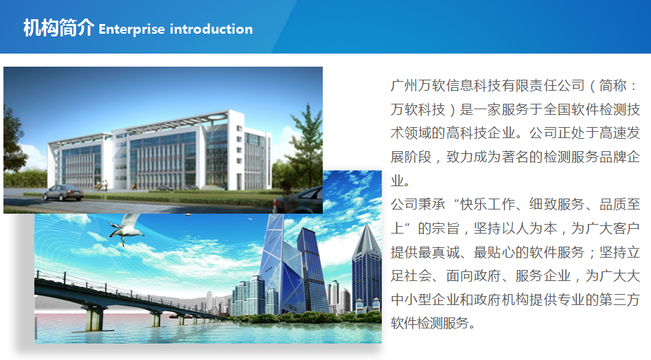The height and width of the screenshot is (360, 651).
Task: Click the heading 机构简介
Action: point(59,28)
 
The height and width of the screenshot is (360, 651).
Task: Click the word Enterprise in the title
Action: point(132,30)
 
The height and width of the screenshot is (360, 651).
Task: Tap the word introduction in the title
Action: point(212,29)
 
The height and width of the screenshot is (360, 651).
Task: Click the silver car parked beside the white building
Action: point(63,192)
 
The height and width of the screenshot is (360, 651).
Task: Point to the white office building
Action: point(160,150)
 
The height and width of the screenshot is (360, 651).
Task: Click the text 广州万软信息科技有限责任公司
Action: point(488,86)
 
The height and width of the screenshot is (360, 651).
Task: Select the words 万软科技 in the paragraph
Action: point(418,110)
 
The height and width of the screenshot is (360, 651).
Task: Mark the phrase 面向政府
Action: point(473,275)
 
